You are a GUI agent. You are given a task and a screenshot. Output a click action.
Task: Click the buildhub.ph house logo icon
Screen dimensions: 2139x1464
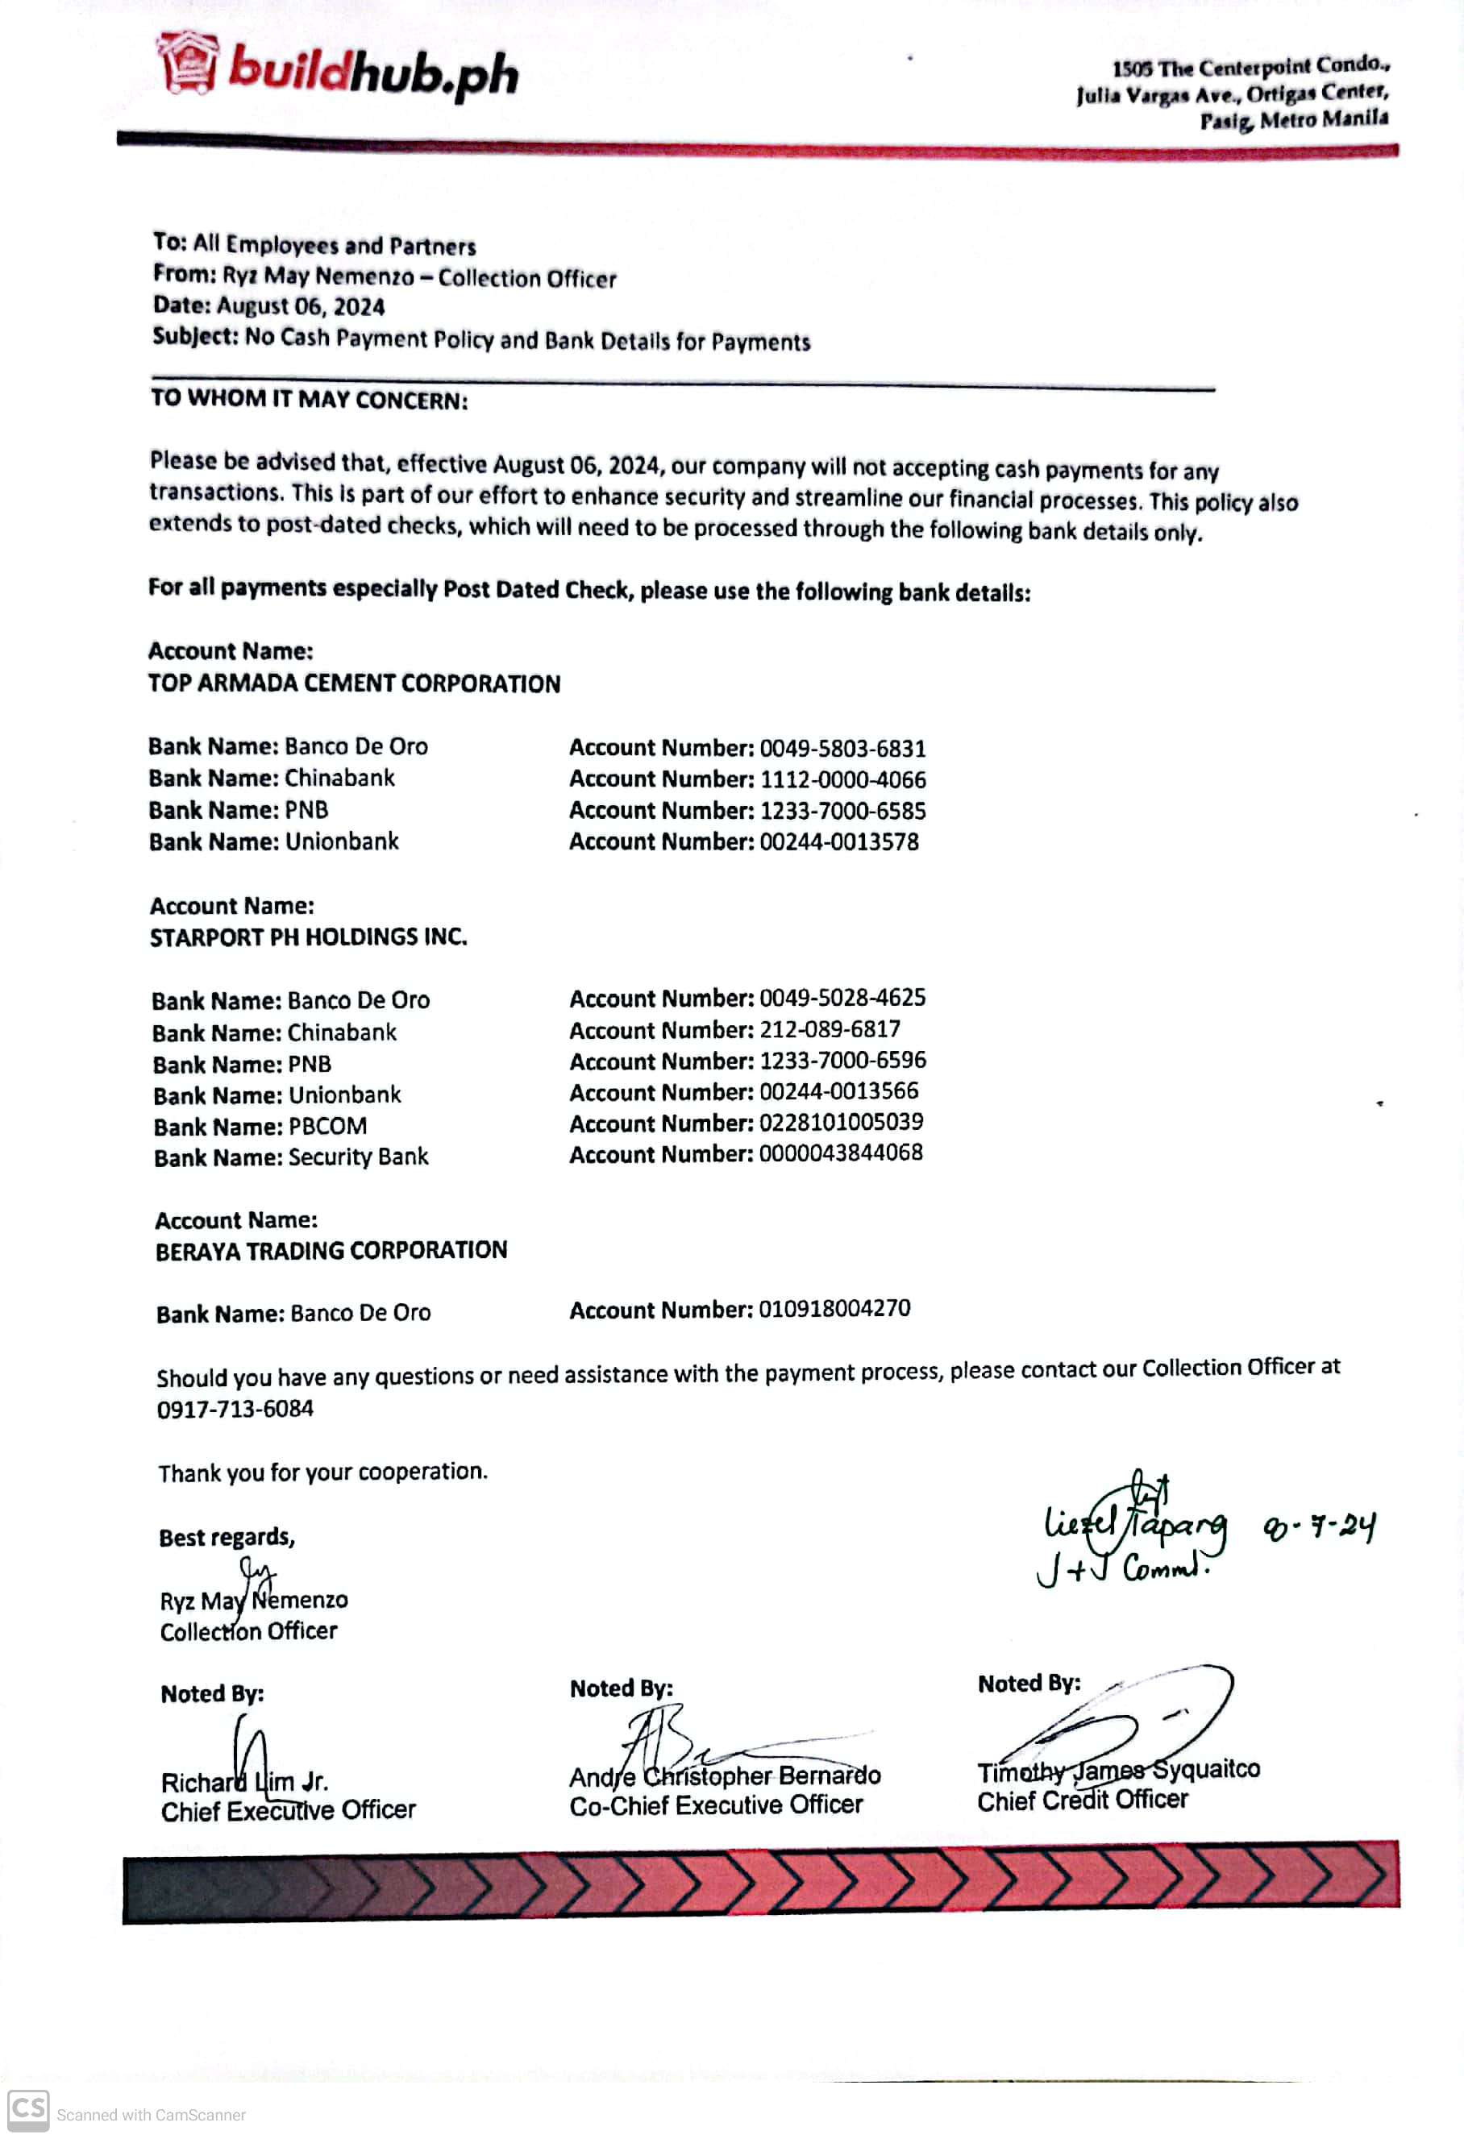188,64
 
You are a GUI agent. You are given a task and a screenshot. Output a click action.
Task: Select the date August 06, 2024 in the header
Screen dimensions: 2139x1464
300,306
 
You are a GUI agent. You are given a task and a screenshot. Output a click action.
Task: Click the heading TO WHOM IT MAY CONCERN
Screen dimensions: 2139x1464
310,400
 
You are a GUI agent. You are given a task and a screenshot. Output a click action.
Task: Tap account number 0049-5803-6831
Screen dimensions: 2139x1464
842,748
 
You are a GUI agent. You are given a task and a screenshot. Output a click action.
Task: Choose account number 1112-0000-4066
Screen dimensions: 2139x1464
842,779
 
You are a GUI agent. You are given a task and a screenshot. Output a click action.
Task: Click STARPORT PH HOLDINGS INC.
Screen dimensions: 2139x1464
309,937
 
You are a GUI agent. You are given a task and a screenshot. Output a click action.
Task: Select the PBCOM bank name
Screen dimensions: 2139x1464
328,1126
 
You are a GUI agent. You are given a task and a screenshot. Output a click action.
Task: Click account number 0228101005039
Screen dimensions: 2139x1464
841,1122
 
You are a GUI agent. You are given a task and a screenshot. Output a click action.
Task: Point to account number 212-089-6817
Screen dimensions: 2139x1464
830,1029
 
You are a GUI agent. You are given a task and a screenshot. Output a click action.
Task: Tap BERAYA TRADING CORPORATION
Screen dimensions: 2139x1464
331,1251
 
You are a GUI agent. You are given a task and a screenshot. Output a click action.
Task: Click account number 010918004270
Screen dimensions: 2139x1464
834,1309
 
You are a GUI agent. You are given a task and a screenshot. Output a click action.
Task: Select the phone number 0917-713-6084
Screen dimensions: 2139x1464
235,1409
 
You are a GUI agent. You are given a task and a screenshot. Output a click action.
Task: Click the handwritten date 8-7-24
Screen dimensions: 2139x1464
1320,1527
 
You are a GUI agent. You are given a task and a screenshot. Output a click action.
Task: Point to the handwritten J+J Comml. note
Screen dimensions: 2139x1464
1121,1568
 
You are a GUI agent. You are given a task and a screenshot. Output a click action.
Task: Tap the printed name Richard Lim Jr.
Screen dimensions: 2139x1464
245,1782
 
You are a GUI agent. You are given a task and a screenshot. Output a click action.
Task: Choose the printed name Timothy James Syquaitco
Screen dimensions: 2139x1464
1118,1770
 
